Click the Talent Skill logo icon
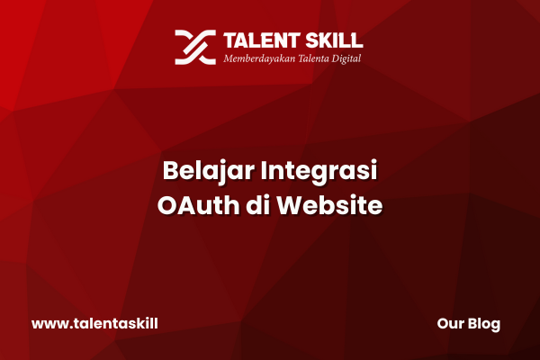[195, 47]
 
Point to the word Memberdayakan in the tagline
[259, 58]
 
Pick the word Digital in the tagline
[346, 58]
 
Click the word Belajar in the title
[209, 171]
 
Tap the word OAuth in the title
[198, 205]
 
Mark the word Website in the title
[330, 205]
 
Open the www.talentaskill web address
[94, 324]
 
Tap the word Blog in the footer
[484, 325]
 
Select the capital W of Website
[291, 206]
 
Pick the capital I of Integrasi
[263, 170]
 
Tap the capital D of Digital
[336, 58]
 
